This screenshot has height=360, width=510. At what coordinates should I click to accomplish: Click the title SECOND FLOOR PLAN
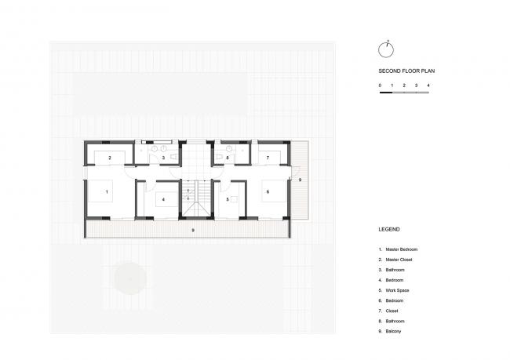tap(406, 71)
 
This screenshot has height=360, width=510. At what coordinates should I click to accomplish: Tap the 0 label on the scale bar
tap(380, 85)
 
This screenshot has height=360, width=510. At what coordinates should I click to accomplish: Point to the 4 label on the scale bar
tap(428, 85)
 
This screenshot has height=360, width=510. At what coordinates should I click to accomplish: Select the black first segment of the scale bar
tap(386, 93)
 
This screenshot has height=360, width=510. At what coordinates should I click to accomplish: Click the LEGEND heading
tap(389, 229)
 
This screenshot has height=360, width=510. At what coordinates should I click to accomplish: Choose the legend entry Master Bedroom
tap(398, 249)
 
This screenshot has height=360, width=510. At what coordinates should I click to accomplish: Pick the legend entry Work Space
tap(394, 290)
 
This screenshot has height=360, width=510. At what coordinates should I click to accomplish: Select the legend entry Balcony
tap(390, 332)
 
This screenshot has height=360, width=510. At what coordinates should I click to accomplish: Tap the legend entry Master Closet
tap(395, 260)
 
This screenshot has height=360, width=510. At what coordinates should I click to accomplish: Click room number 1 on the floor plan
tap(107, 192)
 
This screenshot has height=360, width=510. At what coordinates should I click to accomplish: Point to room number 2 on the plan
tap(110, 158)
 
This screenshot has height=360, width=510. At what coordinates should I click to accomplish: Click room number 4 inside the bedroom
tap(163, 199)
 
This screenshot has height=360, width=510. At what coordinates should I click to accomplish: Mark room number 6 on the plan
tap(268, 192)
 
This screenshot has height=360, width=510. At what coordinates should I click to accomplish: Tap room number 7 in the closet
tap(268, 158)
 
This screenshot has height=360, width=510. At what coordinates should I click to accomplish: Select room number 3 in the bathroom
tap(163, 158)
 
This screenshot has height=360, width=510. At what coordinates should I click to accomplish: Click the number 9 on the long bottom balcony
tap(193, 231)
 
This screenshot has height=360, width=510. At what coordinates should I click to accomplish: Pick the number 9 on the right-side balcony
tap(300, 180)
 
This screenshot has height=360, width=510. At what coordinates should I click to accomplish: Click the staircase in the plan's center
tap(196, 198)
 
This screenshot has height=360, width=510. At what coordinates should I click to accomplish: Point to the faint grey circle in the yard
tap(130, 278)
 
